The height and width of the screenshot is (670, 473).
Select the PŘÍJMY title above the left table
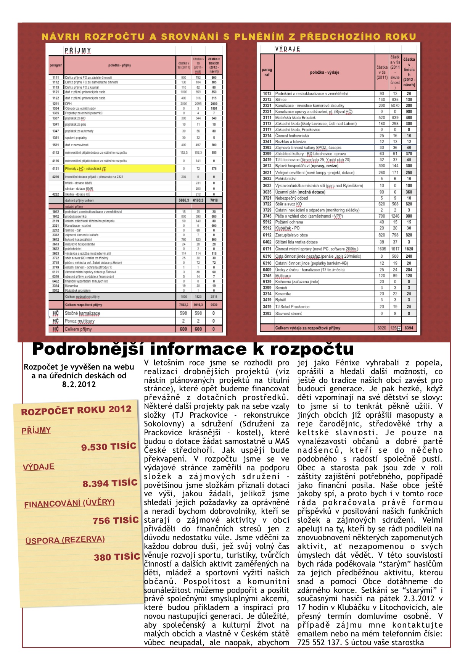pyautogui.click(x=78, y=50)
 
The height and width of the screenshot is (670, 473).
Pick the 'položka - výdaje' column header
pyautogui.click(x=324, y=72)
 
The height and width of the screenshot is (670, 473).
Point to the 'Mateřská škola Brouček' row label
pyautogui.click(x=295, y=118)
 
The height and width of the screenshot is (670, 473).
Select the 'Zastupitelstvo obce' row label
pyautogui.click(x=291, y=235)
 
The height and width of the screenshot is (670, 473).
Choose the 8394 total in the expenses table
pyautogui.click(x=409, y=328)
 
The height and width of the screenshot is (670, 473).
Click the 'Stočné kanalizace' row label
pyautogui.click(x=82, y=313)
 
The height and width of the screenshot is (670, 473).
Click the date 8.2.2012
pyautogui.click(x=79, y=384)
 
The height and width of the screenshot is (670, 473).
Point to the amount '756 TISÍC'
pyautogui.click(x=115, y=520)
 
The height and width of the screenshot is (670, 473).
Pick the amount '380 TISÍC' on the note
pyautogui.click(x=117, y=557)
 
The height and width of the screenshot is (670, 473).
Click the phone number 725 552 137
pyautogui.click(x=319, y=643)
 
